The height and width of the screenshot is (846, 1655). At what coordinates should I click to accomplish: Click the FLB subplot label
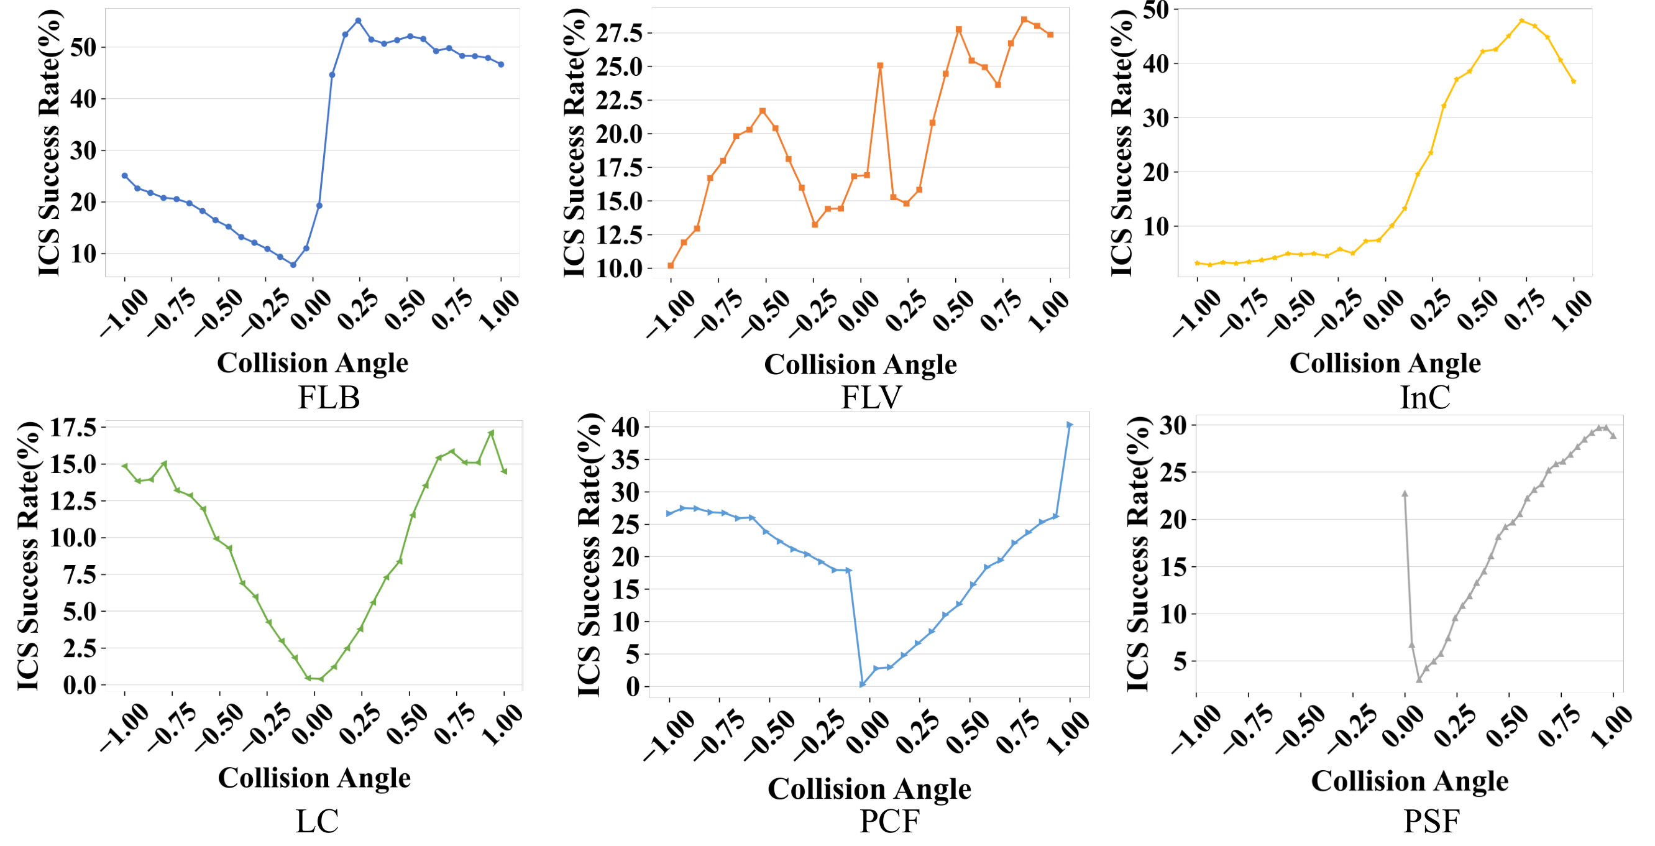point(328,398)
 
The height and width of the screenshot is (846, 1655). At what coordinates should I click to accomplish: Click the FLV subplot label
point(871,398)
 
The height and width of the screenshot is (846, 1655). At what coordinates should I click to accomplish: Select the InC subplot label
point(1424,398)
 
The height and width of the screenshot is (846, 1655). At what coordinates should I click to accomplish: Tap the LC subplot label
point(317,821)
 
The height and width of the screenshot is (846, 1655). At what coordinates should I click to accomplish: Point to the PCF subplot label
point(889,821)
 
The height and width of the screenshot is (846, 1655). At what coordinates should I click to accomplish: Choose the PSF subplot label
point(1431,821)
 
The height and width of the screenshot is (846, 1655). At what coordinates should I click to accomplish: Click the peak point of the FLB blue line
point(358,21)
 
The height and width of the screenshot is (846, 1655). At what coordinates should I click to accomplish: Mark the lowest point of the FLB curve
point(293,265)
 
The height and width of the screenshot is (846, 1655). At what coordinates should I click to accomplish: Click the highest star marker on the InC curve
point(1521,21)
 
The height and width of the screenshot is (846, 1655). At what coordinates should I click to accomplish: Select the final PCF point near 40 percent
point(1070,425)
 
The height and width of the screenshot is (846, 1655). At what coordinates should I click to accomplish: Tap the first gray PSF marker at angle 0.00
point(1405,494)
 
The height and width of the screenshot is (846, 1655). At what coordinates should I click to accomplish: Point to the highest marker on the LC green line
point(492,433)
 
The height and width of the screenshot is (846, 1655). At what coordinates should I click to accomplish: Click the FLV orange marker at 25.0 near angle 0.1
point(880,65)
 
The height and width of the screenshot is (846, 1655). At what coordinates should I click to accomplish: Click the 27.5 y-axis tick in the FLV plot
point(620,33)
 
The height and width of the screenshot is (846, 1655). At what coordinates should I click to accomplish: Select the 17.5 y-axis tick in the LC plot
point(73,427)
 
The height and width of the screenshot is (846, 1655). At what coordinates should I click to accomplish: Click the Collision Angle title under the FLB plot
point(312,363)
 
